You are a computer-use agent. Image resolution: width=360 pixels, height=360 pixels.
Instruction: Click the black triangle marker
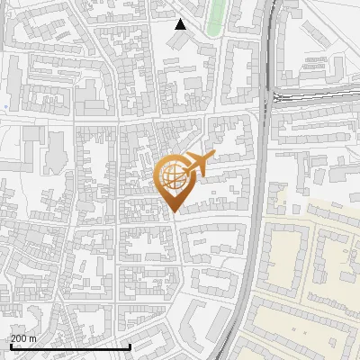[181, 24]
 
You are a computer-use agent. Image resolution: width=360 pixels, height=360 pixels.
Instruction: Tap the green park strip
[215, 16]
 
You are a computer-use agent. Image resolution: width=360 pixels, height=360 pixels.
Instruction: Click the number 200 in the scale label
[19, 338]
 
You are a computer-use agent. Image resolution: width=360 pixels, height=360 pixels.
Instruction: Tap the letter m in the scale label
[33, 338]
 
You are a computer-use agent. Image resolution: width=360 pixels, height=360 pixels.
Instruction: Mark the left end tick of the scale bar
[11, 346]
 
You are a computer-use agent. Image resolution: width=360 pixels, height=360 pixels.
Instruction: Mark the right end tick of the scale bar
[130, 346]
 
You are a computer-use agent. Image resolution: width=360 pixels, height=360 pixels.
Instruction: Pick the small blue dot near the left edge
[5, 107]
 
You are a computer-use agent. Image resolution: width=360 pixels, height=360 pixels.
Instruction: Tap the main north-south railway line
[262, 180]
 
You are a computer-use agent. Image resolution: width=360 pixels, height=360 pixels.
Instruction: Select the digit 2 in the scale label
[13, 338]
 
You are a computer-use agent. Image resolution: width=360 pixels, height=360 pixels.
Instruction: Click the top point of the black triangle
[181, 19]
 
